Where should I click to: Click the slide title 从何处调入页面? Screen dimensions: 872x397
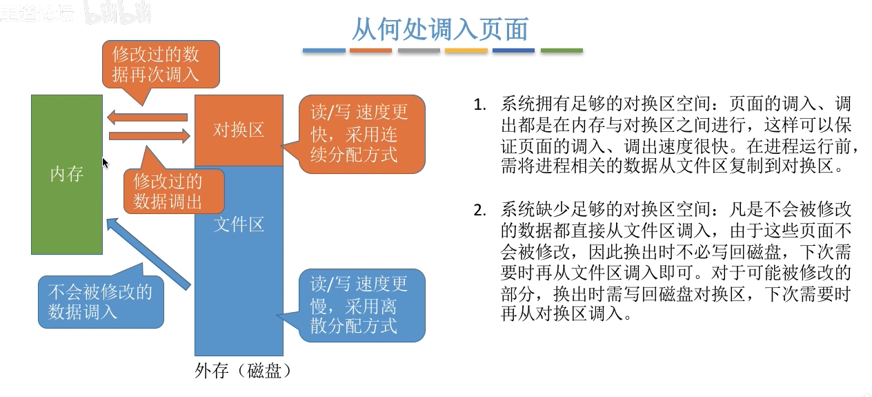[x=440, y=29]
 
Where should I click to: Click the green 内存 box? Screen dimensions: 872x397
[x=67, y=175]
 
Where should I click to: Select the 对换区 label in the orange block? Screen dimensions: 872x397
[x=239, y=130]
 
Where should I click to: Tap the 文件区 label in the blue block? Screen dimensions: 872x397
[x=239, y=224]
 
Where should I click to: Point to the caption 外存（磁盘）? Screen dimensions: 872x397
[x=243, y=371]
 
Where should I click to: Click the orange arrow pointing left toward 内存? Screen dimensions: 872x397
[x=147, y=117]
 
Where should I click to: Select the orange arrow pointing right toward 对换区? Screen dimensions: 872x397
[x=150, y=136]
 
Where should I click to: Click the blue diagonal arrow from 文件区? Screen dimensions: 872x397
[x=148, y=253]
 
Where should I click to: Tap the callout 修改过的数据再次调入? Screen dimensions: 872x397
[x=161, y=64]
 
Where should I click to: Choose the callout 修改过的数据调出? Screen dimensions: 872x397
[x=174, y=191]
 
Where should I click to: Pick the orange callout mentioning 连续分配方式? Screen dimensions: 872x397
[x=361, y=134]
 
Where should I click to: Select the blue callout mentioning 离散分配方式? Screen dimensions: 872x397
[x=361, y=305]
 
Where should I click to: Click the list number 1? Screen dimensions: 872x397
[x=479, y=105]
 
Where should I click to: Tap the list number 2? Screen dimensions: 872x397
[x=479, y=211]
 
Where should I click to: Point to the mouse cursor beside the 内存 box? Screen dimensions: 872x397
[x=105, y=163]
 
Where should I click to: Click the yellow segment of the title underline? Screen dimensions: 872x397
[x=466, y=50]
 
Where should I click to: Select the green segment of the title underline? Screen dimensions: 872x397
[x=562, y=50]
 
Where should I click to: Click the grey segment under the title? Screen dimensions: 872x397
[x=419, y=50]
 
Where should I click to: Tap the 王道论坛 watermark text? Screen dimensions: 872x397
[x=37, y=13]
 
